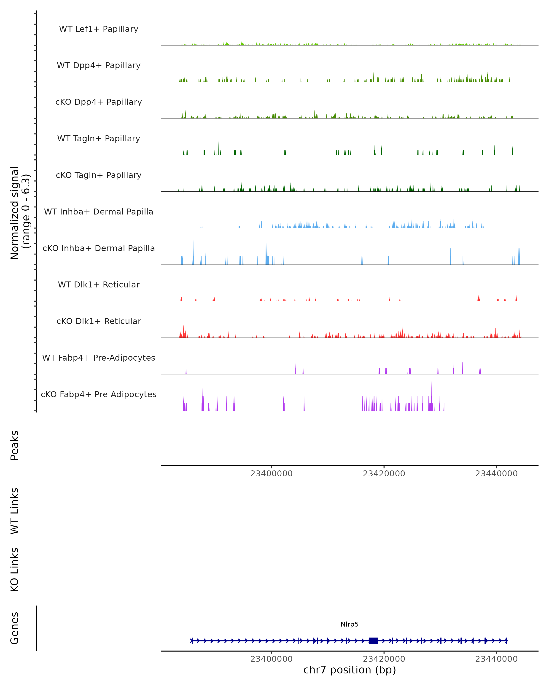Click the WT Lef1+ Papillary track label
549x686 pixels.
(99, 29)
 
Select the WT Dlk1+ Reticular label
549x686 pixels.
(99, 284)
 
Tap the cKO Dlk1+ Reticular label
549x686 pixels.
(99, 321)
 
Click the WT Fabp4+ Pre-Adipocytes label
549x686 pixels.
(99, 358)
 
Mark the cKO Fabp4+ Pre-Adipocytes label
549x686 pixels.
(99, 394)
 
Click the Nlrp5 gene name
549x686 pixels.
(350, 624)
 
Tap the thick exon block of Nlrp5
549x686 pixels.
(373, 640)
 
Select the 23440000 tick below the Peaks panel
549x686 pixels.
(496, 474)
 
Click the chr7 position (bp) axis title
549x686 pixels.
(350, 670)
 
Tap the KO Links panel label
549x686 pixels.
(15, 570)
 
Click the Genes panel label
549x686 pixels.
(15, 628)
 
